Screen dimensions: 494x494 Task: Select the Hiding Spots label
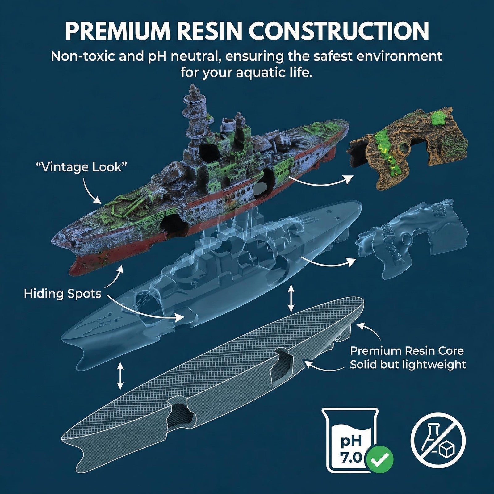[x=63, y=293]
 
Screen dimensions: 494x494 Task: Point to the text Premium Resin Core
[x=407, y=351]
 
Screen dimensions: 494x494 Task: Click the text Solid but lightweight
[x=408, y=365]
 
